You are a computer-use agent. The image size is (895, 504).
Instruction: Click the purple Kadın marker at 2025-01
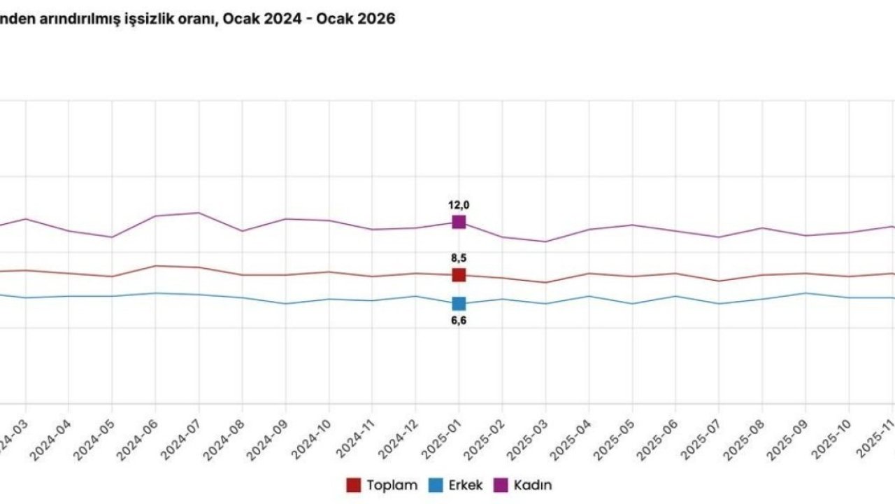[459, 222]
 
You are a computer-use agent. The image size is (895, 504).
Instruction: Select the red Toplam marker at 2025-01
[459, 275]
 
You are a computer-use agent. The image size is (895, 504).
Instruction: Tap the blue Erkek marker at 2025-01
[459, 303]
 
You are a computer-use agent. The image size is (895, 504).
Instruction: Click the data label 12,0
[459, 205]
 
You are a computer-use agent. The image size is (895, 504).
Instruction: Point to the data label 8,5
[459, 258]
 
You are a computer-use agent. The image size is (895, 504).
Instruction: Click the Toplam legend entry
[382, 485]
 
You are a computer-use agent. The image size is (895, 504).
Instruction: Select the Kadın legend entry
[524, 485]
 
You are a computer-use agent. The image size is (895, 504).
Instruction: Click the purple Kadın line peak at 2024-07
[199, 213]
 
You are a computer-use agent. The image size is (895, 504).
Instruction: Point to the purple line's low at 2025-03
[545, 241]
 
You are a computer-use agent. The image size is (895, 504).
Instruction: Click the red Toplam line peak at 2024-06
[155, 266]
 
